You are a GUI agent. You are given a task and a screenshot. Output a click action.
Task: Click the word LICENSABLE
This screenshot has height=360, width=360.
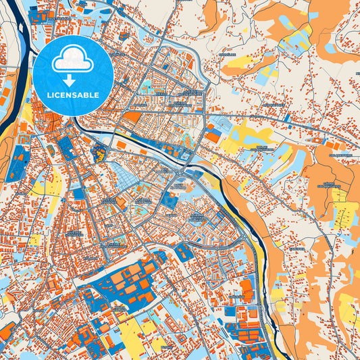73,95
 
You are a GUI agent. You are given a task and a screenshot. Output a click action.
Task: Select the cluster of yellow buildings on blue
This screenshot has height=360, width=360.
99,153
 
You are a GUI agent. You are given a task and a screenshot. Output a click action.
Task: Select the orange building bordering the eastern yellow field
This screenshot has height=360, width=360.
213,136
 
